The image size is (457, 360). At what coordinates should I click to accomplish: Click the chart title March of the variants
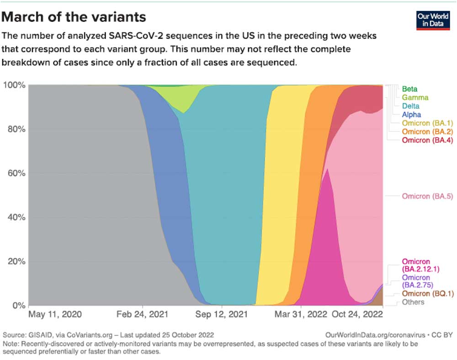(74, 17)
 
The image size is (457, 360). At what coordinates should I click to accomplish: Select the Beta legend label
(409, 89)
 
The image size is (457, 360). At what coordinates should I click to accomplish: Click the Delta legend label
(410, 106)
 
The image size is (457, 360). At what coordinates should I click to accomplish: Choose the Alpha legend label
(411, 115)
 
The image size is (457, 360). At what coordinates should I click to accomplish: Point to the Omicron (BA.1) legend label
(427, 123)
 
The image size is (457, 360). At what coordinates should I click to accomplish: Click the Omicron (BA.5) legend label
(427, 196)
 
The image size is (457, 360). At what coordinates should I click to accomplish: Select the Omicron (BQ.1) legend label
(427, 293)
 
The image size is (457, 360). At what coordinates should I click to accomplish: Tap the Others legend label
(413, 302)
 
